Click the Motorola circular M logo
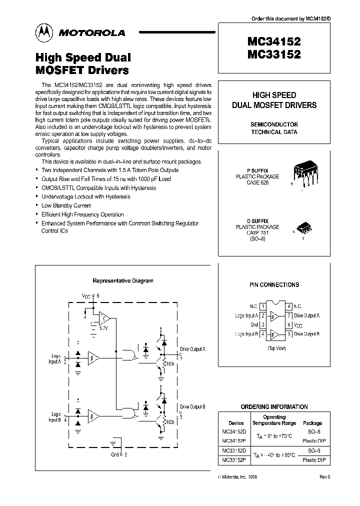point(43,32)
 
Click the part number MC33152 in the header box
point(273,55)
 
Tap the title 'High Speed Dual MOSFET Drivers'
point(82,63)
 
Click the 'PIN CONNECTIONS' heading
point(274,284)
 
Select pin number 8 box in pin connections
point(289,306)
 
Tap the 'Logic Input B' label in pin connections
point(246,333)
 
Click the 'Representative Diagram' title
point(123,280)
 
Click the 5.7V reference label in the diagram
point(104,328)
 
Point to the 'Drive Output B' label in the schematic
point(192,406)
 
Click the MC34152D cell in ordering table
point(233,431)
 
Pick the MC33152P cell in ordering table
point(233,459)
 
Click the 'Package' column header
point(312,423)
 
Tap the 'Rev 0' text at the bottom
point(325,477)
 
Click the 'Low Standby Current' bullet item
point(66,205)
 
